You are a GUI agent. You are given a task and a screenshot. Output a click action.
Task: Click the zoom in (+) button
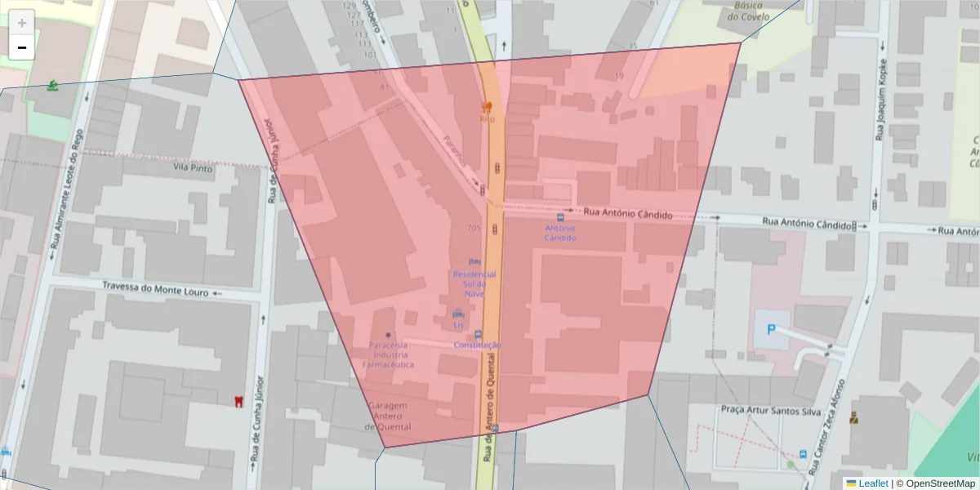[22, 23]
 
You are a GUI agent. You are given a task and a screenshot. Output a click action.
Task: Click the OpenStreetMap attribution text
[940, 483]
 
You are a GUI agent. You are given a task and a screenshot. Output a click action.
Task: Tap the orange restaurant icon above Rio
[488, 106]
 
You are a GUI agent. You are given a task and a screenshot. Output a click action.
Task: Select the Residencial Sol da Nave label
[474, 283]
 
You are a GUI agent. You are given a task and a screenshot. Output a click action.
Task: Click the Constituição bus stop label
[478, 345]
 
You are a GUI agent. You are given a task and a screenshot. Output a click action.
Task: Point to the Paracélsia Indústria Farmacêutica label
[388, 354]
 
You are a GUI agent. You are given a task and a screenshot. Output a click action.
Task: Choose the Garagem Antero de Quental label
[388, 416]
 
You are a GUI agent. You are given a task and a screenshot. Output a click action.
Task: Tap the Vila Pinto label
[193, 167]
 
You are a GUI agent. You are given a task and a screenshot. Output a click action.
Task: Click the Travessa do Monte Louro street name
[156, 287]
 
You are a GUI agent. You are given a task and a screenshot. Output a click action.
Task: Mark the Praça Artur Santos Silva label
[770, 411]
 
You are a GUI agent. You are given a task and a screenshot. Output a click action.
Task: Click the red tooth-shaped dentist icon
[238, 401]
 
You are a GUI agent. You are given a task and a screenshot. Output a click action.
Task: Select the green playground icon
[53, 85]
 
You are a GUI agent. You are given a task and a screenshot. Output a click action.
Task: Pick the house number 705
[472, 228]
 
